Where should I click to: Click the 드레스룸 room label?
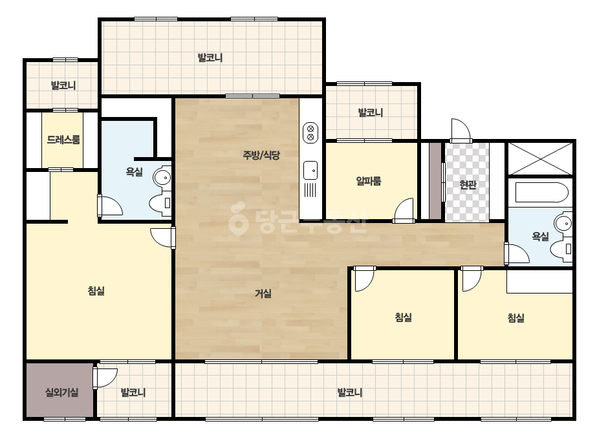point(63,140)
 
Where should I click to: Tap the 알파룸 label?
point(369,181)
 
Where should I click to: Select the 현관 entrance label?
point(468,185)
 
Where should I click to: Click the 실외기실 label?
point(61,392)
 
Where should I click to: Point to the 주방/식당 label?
point(261,155)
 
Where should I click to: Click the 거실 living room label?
point(263,293)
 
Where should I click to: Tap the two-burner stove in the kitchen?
point(310,133)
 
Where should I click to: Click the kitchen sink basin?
point(310,170)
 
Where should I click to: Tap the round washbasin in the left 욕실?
point(162,177)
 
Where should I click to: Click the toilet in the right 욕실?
point(561,250)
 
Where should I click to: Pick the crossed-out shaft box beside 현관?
point(540,159)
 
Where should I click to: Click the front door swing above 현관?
point(461,131)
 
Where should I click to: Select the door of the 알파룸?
point(404,209)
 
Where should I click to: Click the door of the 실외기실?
point(105,377)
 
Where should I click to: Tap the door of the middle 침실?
point(364,279)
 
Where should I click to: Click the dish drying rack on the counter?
point(310,189)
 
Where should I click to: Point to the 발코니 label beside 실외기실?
point(133,392)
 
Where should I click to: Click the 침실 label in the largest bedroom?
point(96,291)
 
